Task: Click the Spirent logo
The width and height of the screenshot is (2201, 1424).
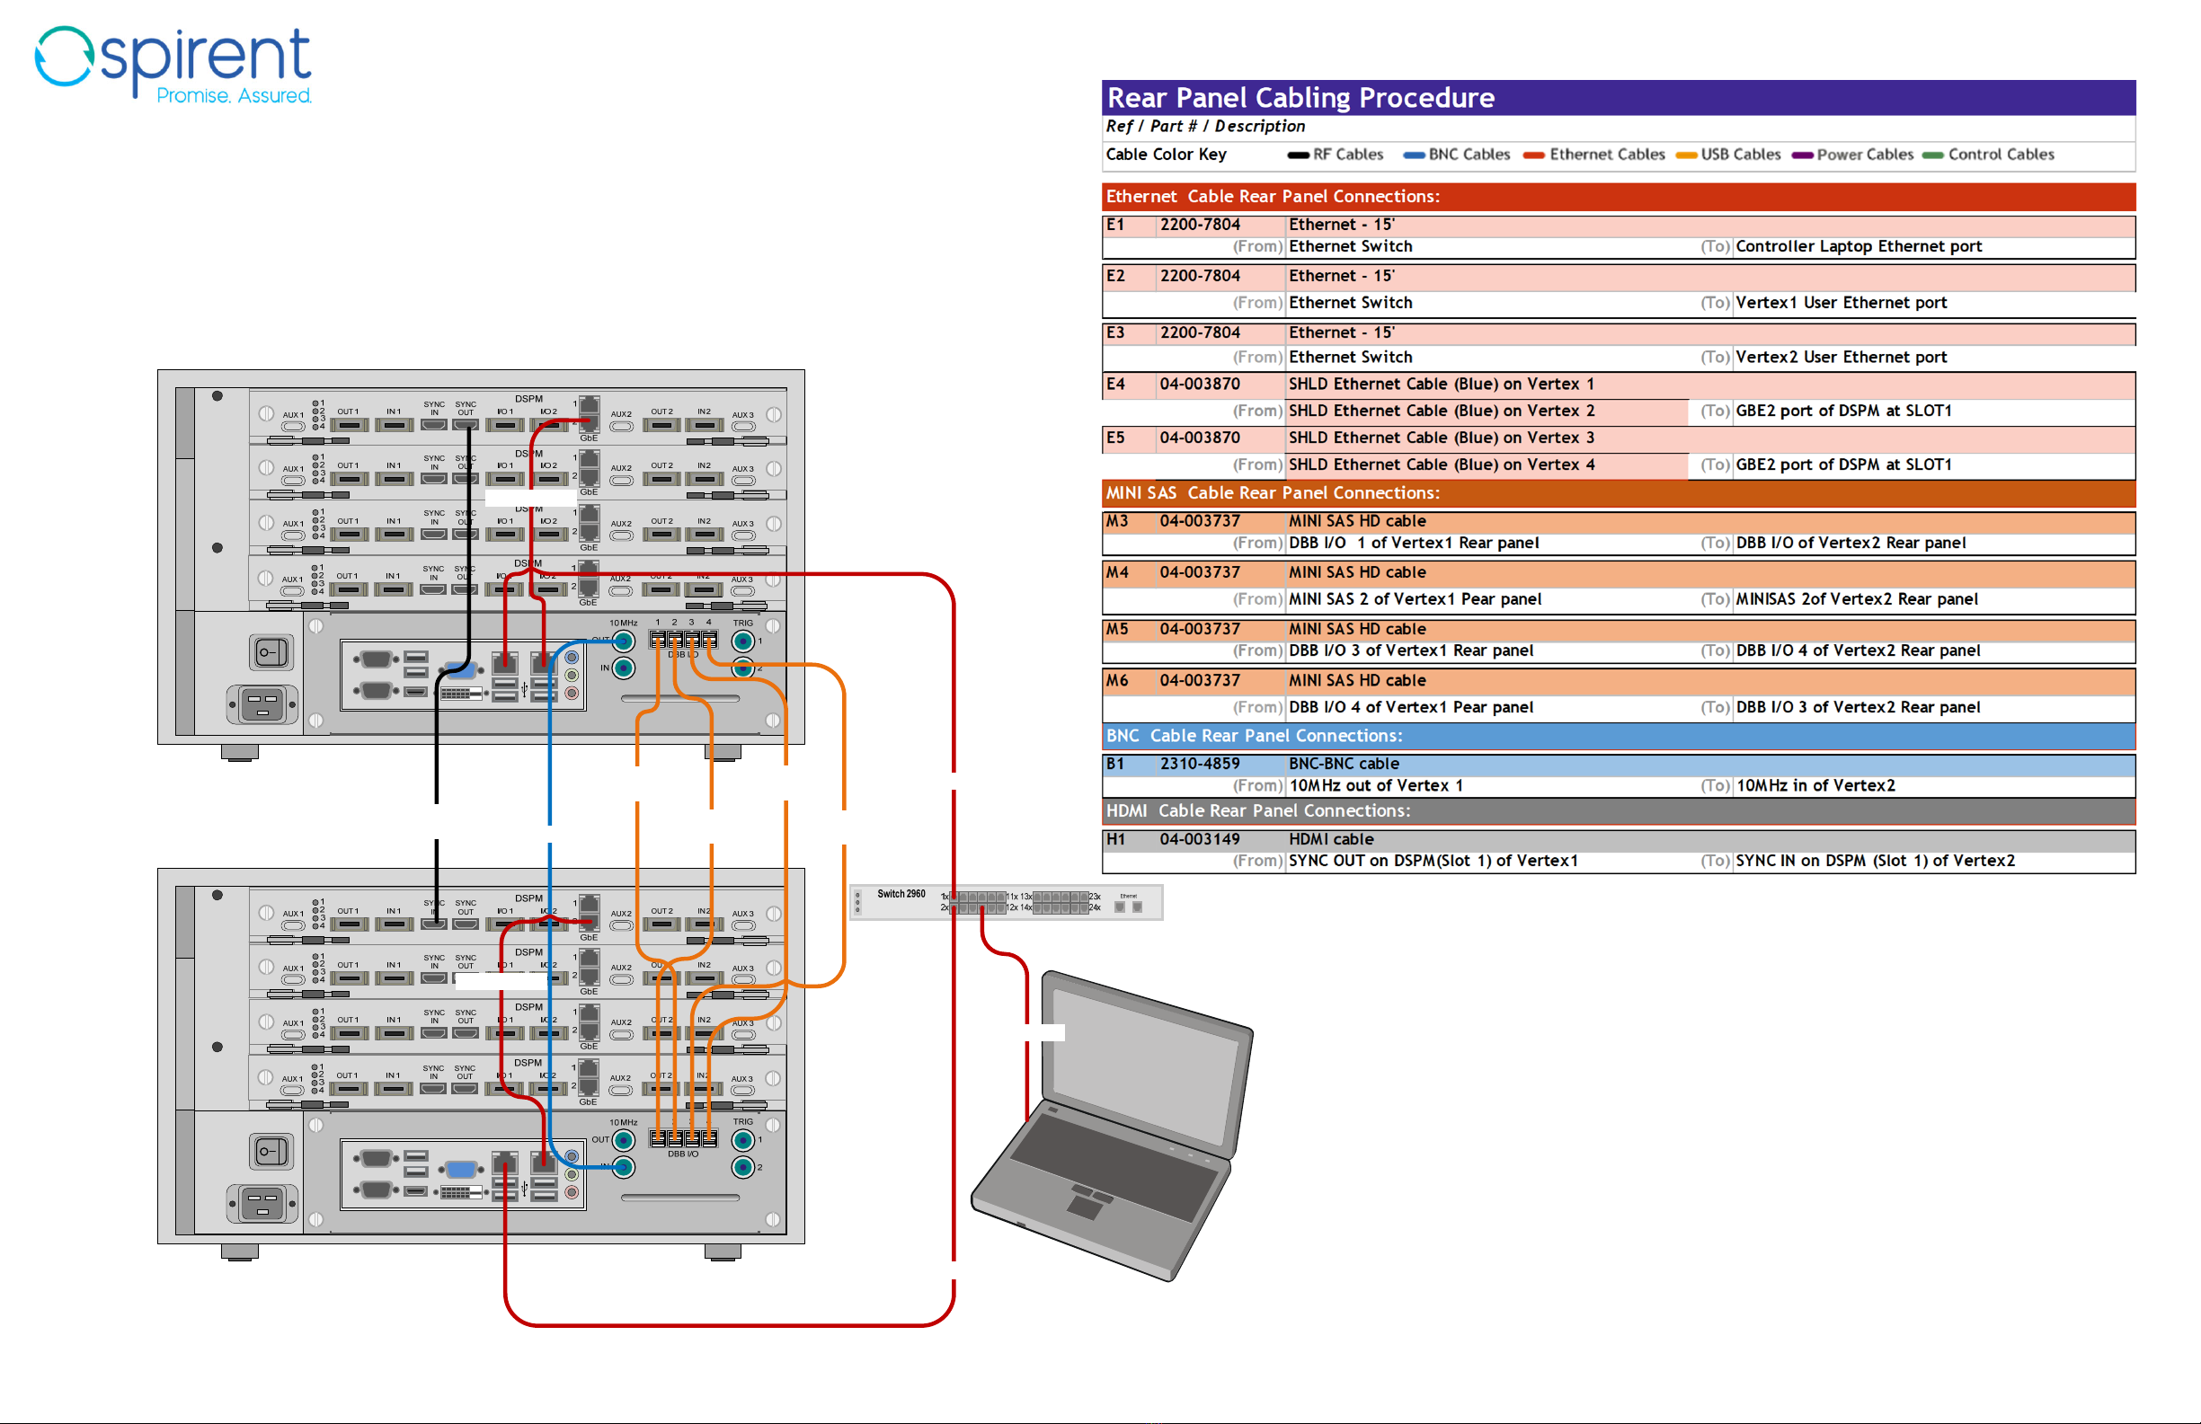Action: coord(173,65)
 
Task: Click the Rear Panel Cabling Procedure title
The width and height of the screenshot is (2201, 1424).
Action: coord(1300,98)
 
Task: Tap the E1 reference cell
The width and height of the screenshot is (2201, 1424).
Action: coord(1116,225)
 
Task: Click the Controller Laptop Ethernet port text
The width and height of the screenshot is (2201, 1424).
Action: coord(1858,247)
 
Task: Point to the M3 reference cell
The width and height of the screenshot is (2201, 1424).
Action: coord(1117,521)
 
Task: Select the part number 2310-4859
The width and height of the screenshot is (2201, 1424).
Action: coord(1200,764)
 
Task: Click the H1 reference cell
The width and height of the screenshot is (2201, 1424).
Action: coord(1116,840)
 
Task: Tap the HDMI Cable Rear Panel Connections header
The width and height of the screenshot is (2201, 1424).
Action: coord(1257,811)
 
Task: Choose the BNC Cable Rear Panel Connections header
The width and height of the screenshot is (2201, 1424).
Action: coord(1254,736)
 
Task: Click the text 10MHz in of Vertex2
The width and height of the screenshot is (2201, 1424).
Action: coord(1815,786)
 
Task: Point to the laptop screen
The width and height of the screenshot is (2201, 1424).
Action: coord(1146,1073)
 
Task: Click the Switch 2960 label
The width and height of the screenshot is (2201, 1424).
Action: coord(901,894)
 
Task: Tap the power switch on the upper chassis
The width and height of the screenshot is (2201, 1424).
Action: coord(271,653)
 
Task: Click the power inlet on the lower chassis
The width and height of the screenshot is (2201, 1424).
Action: coord(262,1204)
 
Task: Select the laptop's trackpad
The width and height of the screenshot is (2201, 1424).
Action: coord(1085,1204)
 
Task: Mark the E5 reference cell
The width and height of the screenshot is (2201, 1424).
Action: coord(1116,438)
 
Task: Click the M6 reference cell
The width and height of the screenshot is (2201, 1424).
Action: coord(1117,681)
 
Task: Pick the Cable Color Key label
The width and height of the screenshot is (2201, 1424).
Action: coord(1167,155)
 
